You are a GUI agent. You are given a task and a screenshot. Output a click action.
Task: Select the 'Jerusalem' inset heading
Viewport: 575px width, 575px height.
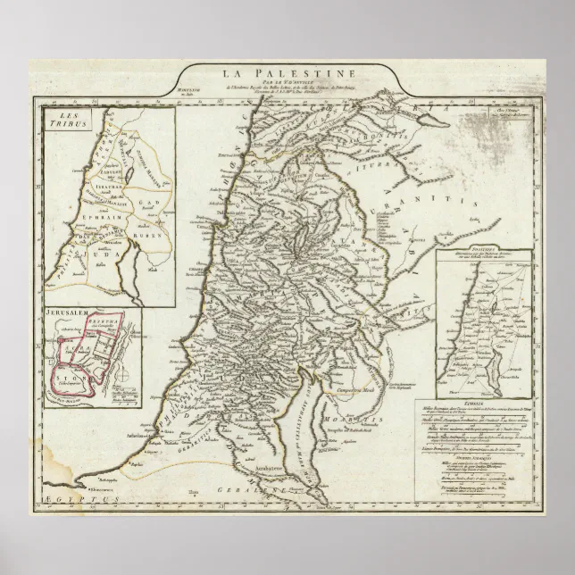[x=66, y=316]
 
